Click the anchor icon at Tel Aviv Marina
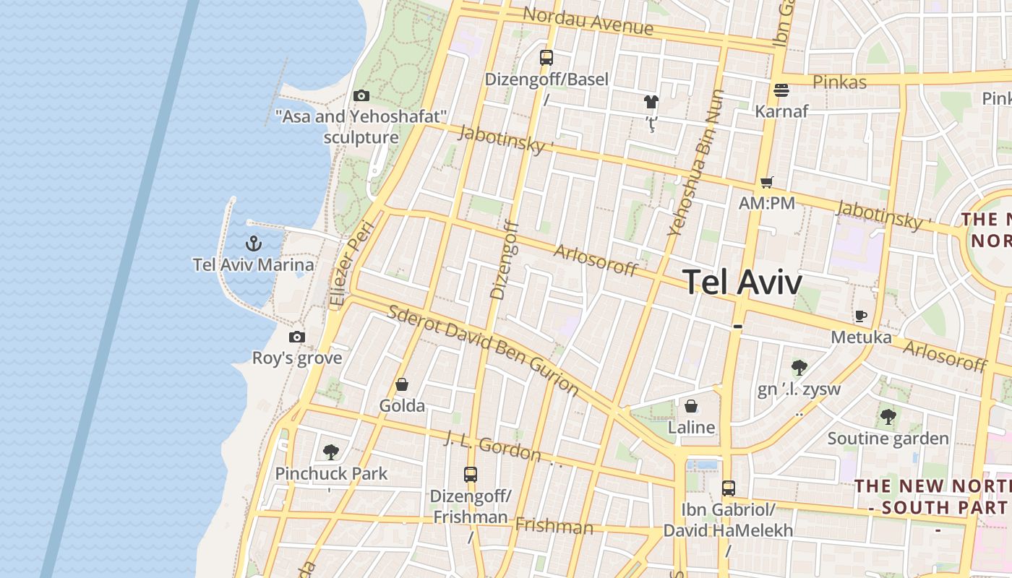pos(253,243)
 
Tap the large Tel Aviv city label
pos(742,282)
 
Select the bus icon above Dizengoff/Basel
pos(546,58)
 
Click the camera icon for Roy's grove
pos(296,337)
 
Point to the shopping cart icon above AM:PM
pos(766,183)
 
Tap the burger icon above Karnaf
pos(781,90)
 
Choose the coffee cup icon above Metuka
pos(860,316)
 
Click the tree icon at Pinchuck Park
pos(331,453)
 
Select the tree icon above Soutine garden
pos(888,417)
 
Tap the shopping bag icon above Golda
pos(402,384)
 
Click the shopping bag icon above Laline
pos(691,406)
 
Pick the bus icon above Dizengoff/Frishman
pos(471,475)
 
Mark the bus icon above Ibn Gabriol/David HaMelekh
pos(728,488)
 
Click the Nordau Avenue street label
pos(588,21)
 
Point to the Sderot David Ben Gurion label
pos(483,350)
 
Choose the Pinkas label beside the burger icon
pos(839,82)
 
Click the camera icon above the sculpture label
pos(361,95)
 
